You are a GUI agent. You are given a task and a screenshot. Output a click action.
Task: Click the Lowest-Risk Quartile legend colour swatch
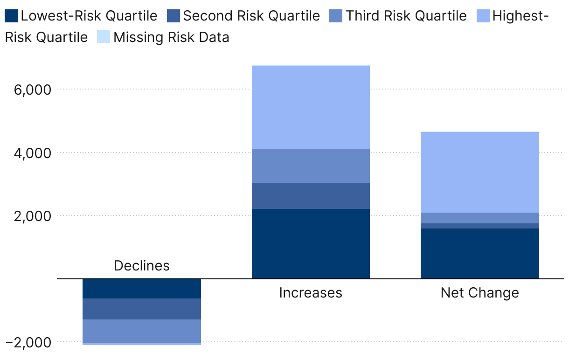(11, 16)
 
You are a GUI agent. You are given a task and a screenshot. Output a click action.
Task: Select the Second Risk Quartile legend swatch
(173, 16)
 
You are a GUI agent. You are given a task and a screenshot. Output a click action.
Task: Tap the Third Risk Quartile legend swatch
(336, 16)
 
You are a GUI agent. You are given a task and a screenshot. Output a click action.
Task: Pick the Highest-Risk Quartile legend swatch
(483, 16)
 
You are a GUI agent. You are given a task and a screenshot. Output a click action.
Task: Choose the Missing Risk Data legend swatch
(104, 36)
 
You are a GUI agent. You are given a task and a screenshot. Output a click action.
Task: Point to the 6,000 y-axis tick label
(33, 90)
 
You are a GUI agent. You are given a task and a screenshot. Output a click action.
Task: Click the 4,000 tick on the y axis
(33, 153)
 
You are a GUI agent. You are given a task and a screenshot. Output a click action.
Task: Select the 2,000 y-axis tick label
(33, 216)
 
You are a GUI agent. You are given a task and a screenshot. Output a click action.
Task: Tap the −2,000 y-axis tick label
(28, 342)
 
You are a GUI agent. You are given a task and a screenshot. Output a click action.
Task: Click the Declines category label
(142, 266)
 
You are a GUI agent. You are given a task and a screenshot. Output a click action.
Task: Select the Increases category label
(311, 293)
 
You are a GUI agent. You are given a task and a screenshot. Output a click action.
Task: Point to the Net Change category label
(480, 293)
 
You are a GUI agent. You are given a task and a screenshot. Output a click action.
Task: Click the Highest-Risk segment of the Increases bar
(311, 107)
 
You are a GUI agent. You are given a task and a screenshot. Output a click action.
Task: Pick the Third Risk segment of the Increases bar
(311, 166)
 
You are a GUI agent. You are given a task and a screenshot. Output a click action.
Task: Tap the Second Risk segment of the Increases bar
(311, 196)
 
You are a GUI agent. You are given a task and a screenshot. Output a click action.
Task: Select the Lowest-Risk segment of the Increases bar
(311, 244)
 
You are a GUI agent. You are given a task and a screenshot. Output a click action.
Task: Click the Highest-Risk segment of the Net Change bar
(480, 172)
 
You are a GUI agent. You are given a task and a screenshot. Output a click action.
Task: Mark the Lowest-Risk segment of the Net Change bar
(480, 254)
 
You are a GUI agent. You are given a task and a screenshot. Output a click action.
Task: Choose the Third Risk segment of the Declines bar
(142, 331)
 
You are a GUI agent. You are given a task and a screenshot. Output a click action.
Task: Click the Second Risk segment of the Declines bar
(142, 309)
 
